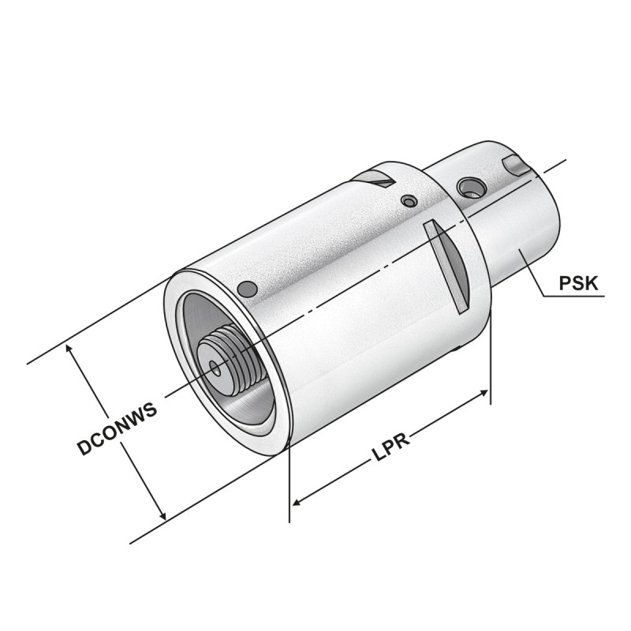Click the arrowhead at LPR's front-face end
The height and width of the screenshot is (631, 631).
pos(297,502)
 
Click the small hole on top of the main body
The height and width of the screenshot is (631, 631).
pos(408,201)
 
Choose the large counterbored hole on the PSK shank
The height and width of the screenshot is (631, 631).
pos(471,187)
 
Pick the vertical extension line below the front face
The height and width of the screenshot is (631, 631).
pos(290,481)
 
